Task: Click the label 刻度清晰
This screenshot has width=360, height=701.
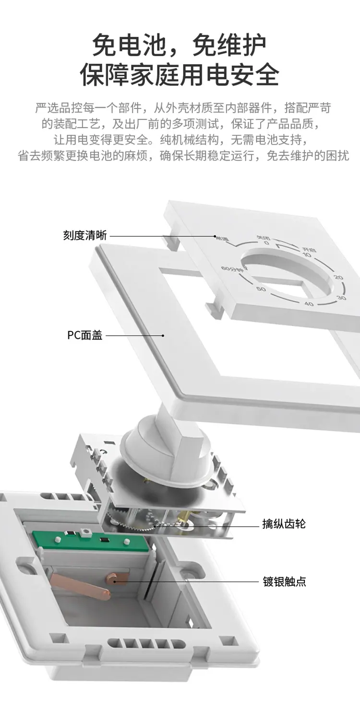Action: tap(85, 235)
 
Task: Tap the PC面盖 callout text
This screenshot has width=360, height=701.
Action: tap(85, 335)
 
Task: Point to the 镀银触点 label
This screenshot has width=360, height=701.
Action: tap(284, 582)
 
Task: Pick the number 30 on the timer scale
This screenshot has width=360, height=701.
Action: tap(341, 298)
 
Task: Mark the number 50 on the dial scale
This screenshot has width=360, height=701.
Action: tap(261, 289)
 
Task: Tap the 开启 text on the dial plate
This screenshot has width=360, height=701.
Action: tap(309, 249)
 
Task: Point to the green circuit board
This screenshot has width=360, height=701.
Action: tap(91, 540)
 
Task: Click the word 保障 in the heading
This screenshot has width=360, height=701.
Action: tap(100, 75)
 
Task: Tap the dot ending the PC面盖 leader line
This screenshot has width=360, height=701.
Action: tap(163, 336)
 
